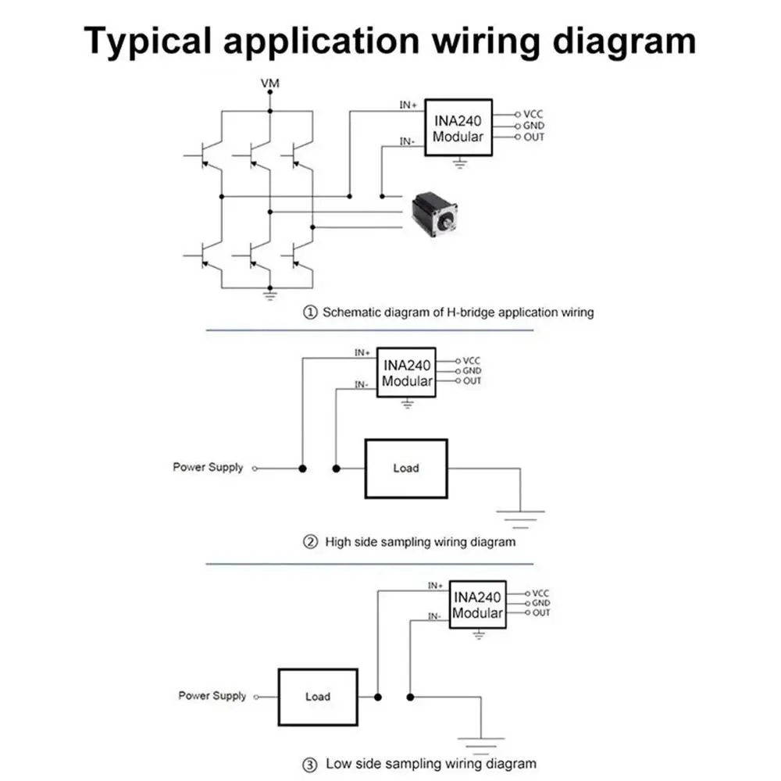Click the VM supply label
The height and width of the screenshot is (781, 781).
[270, 83]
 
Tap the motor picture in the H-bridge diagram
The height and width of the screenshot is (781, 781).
[433, 215]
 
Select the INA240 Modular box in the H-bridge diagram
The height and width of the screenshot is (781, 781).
[458, 127]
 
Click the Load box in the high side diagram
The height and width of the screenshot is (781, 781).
[406, 468]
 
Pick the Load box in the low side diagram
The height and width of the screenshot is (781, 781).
[318, 697]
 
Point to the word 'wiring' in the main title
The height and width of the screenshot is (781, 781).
[487, 42]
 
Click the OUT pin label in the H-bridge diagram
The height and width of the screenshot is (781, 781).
[534, 137]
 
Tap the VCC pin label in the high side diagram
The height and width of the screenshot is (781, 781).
[471, 360]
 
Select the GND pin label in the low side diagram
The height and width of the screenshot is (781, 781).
[541, 603]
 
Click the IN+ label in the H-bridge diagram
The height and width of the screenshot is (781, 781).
[408, 105]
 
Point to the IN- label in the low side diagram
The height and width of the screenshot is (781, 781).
[434, 616]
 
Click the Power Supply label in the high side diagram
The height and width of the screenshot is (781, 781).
[209, 467]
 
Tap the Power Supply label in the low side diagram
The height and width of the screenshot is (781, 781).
[212, 696]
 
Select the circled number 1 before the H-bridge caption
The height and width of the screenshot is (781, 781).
[310, 312]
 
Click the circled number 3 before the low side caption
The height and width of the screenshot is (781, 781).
[310, 765]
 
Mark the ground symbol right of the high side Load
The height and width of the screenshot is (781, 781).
[520, 519]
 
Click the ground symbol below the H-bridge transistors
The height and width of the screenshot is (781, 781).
[270, 296]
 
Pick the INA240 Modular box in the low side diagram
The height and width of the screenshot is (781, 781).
[478, 604]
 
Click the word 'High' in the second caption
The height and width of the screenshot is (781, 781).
[337, 542]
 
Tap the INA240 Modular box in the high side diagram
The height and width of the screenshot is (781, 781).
[406, 373]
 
